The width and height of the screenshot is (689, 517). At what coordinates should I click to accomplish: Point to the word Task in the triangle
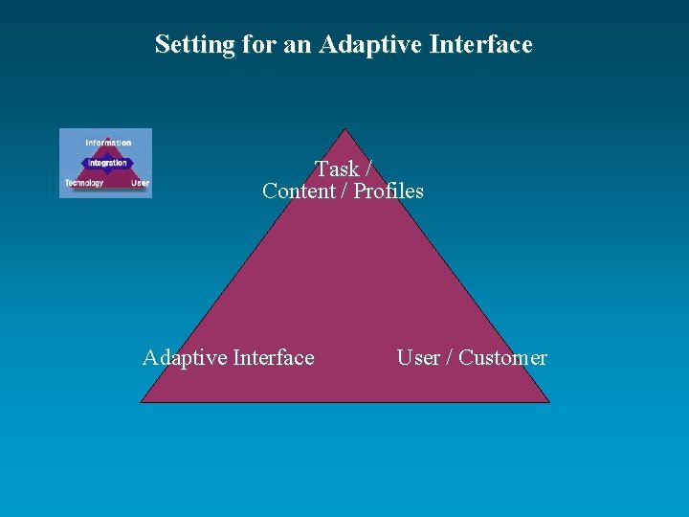click(337, 169)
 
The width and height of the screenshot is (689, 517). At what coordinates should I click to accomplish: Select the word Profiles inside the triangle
click(389, 191)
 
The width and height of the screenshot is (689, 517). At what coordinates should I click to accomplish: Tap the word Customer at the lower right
click(502, 358)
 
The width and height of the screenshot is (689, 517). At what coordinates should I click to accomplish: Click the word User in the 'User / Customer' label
click(418, 358)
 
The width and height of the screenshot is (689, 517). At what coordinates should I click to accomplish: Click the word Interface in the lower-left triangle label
click(273, 358)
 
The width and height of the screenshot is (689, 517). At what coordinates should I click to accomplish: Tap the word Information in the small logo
click(108, 144)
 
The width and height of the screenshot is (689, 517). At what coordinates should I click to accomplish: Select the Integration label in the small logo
click(107, 163)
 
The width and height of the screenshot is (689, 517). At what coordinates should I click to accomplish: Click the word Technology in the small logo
click(84, 183)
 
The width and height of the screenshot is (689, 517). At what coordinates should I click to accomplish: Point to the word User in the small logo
click(140, 183)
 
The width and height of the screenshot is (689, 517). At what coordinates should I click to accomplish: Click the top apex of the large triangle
click(344, 130)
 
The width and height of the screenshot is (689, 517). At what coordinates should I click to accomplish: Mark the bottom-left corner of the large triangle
click(142, 402)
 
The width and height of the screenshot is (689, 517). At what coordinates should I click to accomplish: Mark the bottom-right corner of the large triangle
click(549, 402)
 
